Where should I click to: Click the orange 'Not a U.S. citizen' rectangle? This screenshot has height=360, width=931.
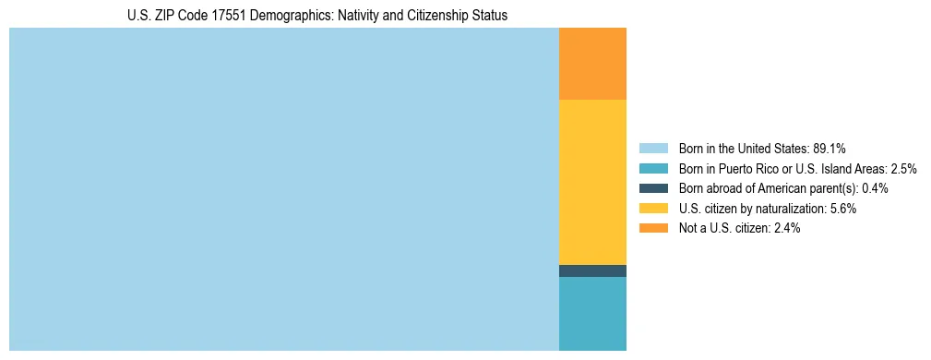[x=592, y=63]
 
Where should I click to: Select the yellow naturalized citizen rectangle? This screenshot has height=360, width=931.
[x=592, y=182]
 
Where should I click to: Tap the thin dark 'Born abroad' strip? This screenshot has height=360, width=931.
[x=592, y=270]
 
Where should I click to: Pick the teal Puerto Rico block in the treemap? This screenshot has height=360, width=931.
[x=592, y=314]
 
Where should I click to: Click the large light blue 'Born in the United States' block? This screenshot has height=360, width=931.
[x=284, y=189]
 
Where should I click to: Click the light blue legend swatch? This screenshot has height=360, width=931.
[x=653, y=149]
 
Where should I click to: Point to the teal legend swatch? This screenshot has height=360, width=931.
[x=653, y=169]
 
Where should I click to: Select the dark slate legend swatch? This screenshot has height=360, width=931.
[x=653, y=188]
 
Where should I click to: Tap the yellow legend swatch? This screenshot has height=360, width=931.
[x=653, y=209]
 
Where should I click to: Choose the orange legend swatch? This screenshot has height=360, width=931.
[x=653, y=228]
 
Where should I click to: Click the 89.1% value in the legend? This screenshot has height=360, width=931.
[x=830, y=149]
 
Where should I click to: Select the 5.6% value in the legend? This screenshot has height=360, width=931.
[x=842, y=209]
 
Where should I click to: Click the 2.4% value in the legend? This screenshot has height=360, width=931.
[x=786, y=228]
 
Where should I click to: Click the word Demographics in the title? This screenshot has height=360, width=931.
[x=291, y=16]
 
